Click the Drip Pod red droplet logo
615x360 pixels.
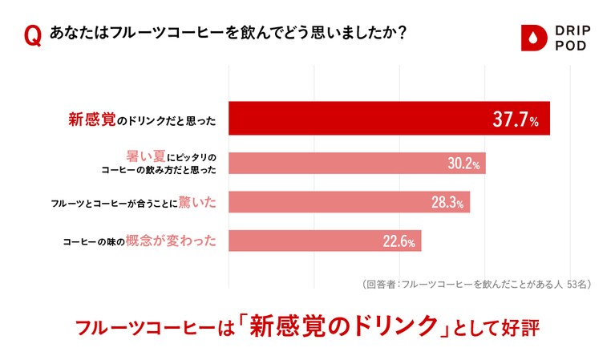pos(532,38)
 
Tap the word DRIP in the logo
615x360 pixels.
pos(570,30)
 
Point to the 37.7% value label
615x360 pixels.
pos(515,119)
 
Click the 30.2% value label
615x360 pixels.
pos(463,164)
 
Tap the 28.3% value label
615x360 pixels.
pos(447,202)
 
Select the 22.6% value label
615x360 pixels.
pos(398,241)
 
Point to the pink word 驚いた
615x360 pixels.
pos(199,201)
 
